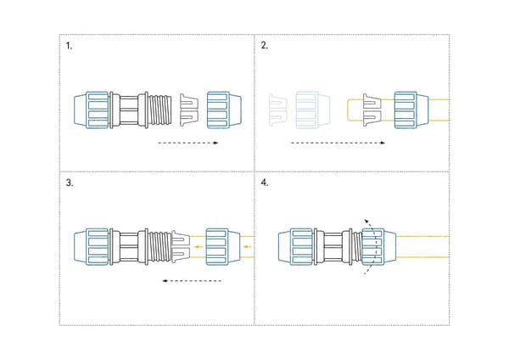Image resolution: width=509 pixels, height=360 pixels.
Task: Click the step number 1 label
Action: tap(69, 46)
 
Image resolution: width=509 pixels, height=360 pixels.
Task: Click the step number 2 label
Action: tap(264, 46)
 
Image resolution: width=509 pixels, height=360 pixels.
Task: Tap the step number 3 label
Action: tap(70, 183)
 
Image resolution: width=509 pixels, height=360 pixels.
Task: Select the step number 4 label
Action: tap(265, 183)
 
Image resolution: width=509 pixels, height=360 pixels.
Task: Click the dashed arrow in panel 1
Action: tap(188, 143)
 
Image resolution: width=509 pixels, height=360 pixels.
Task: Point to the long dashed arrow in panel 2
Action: tap(338, 143)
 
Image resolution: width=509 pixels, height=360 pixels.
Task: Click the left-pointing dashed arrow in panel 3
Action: tap(192, 281)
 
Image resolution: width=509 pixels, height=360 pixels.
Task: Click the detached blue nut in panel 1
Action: tap(224, 110)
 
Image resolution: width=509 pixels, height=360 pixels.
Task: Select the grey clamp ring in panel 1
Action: tap(189, 110)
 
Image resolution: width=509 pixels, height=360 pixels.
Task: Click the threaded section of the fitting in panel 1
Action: tap(160, 110)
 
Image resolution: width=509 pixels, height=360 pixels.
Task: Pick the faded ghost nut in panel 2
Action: tap(312, 110)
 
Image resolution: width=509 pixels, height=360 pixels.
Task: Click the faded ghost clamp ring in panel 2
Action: tap(278, 110)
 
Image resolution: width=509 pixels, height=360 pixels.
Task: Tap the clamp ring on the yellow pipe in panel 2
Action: tap(372, 110)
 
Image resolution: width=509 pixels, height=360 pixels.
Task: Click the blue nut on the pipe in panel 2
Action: tap(411, 110)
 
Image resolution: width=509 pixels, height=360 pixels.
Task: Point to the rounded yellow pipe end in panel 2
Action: tap(348, 110)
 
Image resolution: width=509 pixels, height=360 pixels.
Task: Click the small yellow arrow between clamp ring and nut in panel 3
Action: tap(199, 247)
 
